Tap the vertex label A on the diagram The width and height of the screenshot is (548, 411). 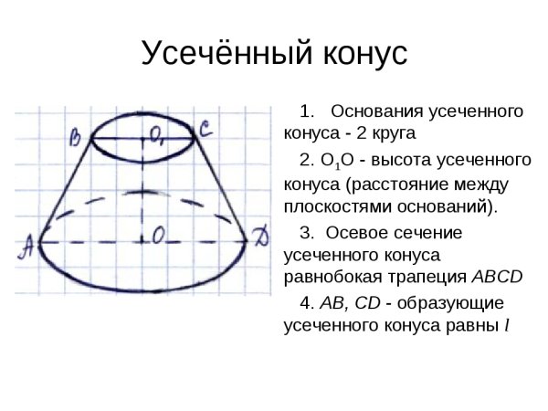(x=27, y=244)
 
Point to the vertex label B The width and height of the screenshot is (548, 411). (x=77, y=137)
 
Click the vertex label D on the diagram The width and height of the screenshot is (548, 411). (x=261, y=240)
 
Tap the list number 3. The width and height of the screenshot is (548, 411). (x=306, y=232)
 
